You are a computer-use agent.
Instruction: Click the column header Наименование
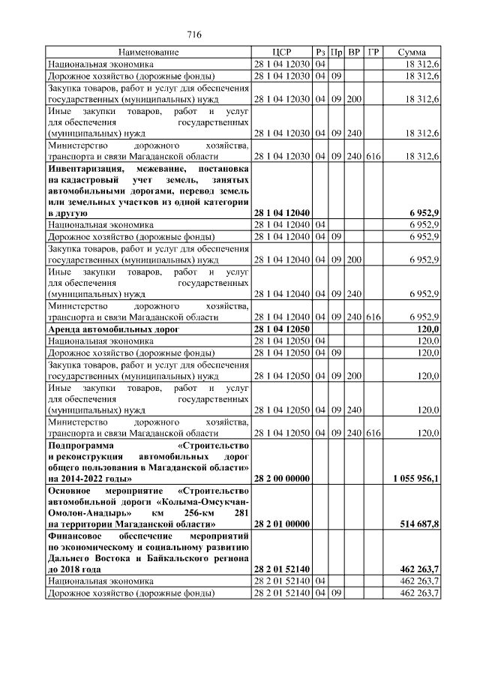pyautogui.click(x=148, y=53)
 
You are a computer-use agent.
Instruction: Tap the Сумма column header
pyautogui.click(x=412, y=53)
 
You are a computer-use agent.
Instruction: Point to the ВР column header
pyautogui.click(x=355, y=53)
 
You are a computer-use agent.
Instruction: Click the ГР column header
pyautogui.click(x=374, y=53)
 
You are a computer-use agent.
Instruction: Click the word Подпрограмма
pyautogui.click(x=79, y=445)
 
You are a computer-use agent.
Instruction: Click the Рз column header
pyautogui.click(x=320, y=53)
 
